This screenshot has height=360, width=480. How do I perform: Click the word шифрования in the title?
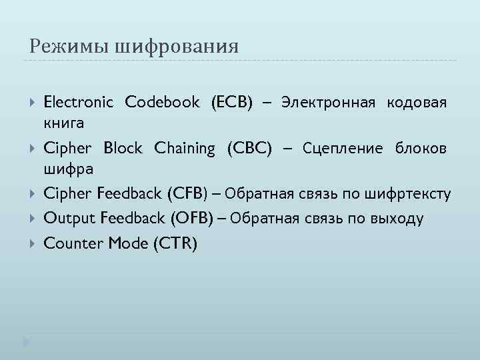click(177, 47)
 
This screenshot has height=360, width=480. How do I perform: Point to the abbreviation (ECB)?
click(232, 102)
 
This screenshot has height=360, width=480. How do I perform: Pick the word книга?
click(63, 123)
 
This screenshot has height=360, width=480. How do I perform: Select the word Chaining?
click(185, 148)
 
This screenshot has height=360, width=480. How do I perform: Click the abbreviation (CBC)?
click(249, 148)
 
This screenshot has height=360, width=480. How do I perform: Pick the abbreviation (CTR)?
click(175, 243)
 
